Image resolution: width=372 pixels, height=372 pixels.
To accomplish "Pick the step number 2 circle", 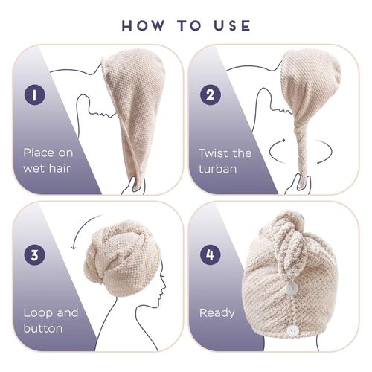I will tap(210, 95).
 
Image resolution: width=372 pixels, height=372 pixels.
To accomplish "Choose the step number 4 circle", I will tap(210, 254).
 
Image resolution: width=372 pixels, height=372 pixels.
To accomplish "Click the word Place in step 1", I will tap(38, 153).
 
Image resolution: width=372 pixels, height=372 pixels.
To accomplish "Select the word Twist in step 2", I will tap(214, 153).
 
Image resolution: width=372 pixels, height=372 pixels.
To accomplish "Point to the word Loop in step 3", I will tap(36, 312).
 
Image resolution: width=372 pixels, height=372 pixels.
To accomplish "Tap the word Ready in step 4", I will tap(217, 312).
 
